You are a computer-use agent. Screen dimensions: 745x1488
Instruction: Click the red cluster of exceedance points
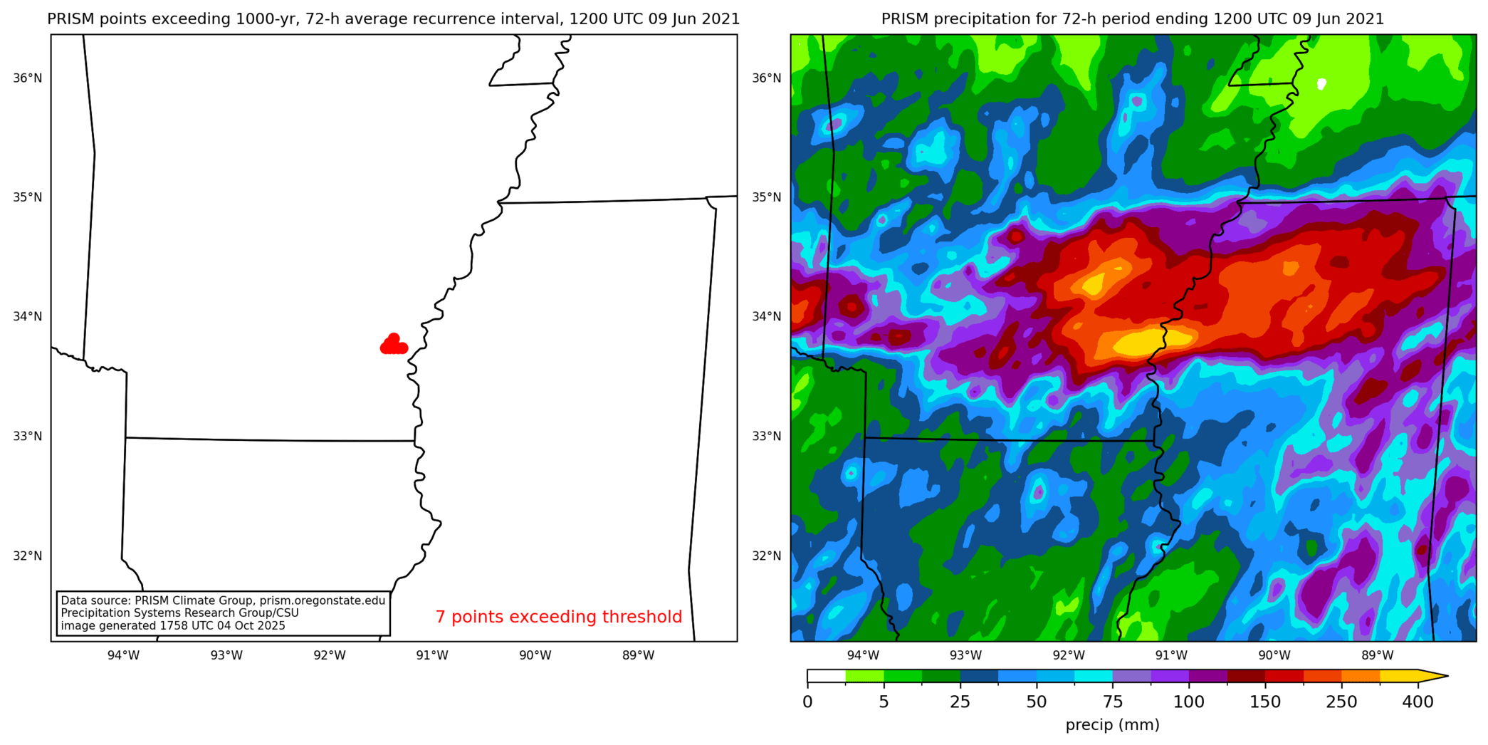[394, 345]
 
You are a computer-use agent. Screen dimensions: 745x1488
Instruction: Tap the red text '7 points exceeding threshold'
[558, 617]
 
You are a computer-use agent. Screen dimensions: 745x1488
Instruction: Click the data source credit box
[223, 613]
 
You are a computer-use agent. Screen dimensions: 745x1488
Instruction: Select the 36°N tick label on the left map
[28, 78]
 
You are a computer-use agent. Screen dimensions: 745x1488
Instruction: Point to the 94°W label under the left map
[123, 655]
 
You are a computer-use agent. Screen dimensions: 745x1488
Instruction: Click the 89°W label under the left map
[638, 655]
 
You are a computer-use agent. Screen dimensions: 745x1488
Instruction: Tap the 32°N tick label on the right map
[767, 556]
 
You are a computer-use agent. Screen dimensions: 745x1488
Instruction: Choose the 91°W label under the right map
[1171, 655]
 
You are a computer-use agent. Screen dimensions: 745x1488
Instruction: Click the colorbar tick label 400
[1418, 702]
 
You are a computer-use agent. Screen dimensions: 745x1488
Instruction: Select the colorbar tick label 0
[807, 702]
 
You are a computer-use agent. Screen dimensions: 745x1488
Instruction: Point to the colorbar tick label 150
[1265, 702]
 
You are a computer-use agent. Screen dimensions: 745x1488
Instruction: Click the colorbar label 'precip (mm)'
[1112, 725]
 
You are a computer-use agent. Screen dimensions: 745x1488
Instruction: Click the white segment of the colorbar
[826, 676]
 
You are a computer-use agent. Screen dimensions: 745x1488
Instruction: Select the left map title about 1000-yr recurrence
[394, 19]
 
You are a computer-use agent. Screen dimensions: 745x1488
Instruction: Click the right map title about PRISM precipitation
[1133, 19]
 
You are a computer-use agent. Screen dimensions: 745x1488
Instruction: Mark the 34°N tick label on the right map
[767, 316]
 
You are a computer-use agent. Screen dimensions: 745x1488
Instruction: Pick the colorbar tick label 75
[1113, 702]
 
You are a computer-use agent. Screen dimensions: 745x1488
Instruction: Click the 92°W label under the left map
[330, 655]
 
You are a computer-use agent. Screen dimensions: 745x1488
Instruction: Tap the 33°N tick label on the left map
[28, 436]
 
